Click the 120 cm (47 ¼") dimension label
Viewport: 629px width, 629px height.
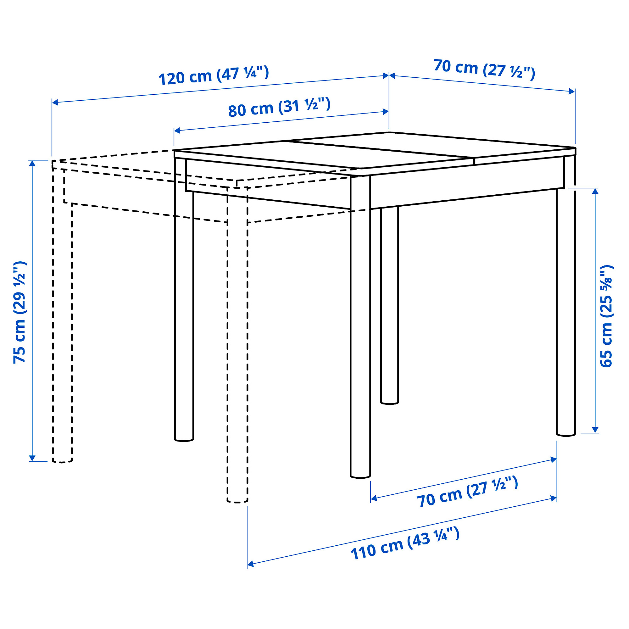tap(214, 75)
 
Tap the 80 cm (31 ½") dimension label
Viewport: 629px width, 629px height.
tap(279, 107)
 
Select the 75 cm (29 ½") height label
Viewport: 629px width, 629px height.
tap(19, 312)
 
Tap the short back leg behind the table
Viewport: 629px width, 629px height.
tap(389, 305)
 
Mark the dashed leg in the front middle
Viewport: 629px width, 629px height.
tap(237, 345)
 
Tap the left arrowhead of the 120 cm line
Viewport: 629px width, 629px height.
tap(55, 102)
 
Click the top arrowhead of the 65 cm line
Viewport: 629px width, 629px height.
tap(595, 192)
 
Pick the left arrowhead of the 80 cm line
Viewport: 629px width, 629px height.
tap(177, 131)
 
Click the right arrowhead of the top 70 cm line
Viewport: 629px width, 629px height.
tap(572, 92)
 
